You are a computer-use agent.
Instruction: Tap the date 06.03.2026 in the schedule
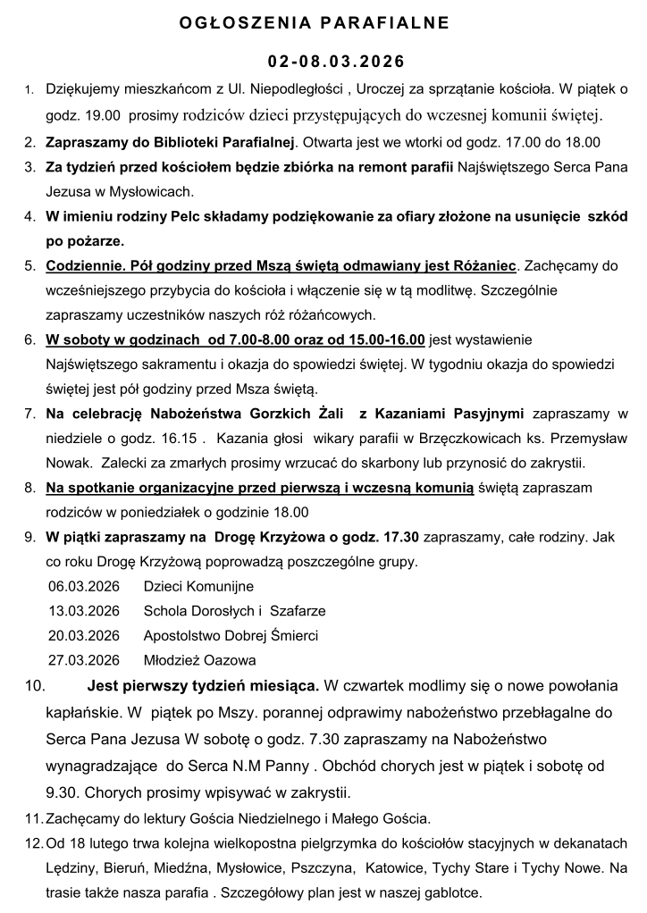(84, 587)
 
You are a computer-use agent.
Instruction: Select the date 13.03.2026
(84, 611)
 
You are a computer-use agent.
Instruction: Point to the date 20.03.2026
(84, 636)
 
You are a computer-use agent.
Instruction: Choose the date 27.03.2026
(84, 661)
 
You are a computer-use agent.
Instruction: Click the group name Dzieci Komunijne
(198, 587)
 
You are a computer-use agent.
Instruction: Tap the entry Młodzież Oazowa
(199, 661)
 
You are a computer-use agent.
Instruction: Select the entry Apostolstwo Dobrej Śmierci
(231, 636)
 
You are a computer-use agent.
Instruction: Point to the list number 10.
(35, 687)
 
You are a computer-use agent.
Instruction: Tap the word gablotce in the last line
(452, 892)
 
